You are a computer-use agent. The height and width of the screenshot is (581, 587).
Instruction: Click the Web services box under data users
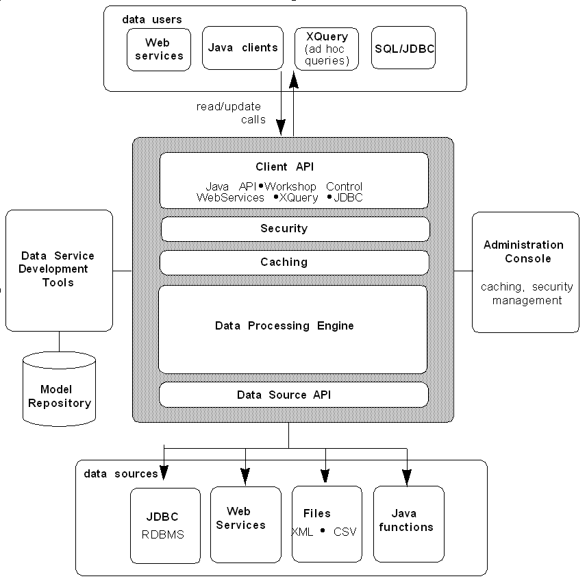pos(159,49)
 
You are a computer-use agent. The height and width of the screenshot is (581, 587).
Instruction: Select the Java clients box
pos(243,48)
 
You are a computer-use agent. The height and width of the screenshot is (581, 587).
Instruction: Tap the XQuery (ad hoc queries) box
pos(327,49)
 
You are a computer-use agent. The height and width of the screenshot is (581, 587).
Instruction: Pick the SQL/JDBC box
pos(404,49)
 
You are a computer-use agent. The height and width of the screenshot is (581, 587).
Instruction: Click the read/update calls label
pos(231,113)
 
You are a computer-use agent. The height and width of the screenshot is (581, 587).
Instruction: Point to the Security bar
pos(295,229)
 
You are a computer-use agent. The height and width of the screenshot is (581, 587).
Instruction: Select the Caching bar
pos(295,262)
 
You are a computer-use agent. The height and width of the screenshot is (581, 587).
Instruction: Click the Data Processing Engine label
pos(284,326)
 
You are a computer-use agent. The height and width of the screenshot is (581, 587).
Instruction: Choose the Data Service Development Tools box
pos(58,269)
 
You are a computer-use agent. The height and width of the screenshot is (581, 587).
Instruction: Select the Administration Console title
pos(523,251)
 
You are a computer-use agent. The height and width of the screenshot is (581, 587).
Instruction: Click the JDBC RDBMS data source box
pos(165,526)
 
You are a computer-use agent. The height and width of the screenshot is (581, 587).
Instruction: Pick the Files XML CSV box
pos(326,523)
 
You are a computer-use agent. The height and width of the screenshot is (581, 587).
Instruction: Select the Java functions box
pos(408,523)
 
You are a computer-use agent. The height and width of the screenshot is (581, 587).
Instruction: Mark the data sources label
pos(121,473)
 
